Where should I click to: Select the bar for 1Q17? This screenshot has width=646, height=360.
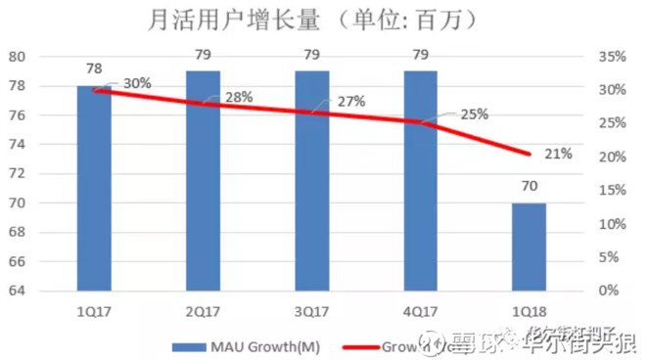pyautogui.click(x=95, y=187)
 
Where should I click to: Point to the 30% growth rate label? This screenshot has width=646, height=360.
pyautogui.click(x=137, y=83)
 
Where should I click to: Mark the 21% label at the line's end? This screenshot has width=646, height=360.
pyautogui.click(x=559, y=154)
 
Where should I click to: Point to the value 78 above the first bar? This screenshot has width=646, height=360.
pyautogui.click(x=95, y=68)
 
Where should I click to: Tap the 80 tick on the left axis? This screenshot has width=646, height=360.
pyautogui.click(x=47, y=56)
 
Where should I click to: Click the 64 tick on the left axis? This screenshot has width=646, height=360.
pyautogui.click(x=47, y=291)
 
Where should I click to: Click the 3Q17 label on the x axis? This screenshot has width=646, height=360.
pyautogui.click(x=312, y=310)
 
